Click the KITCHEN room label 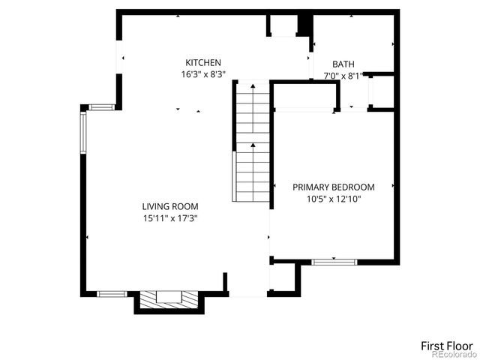coord(203,63)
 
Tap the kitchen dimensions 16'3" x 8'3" coord(203,74)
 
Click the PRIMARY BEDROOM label coord(333,187)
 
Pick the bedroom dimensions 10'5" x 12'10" coord(333,199)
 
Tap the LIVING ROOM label coord(170,206)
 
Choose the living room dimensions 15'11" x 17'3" coord(170,218)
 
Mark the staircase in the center coord(253,142)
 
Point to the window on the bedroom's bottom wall coord(334,262)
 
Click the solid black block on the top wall coord(304,24)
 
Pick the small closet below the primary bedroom coord(285,277)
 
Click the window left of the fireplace coord(112,293)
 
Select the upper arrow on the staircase coord(253,88)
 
